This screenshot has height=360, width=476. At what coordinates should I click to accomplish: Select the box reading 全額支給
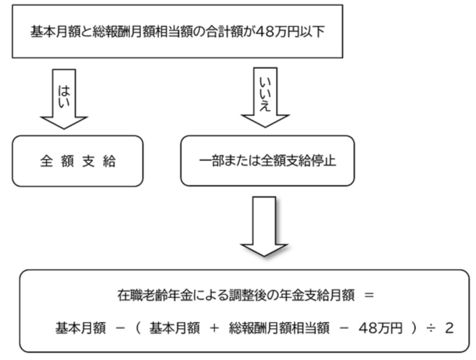point(78,162)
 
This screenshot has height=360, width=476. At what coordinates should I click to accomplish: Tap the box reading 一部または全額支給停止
point(268,162)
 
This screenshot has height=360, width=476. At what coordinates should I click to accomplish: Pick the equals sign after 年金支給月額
point(368,295)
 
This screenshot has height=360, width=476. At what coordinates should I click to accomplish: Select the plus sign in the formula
point(214,328)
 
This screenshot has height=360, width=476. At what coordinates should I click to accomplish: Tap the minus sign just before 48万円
point(344,328)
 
